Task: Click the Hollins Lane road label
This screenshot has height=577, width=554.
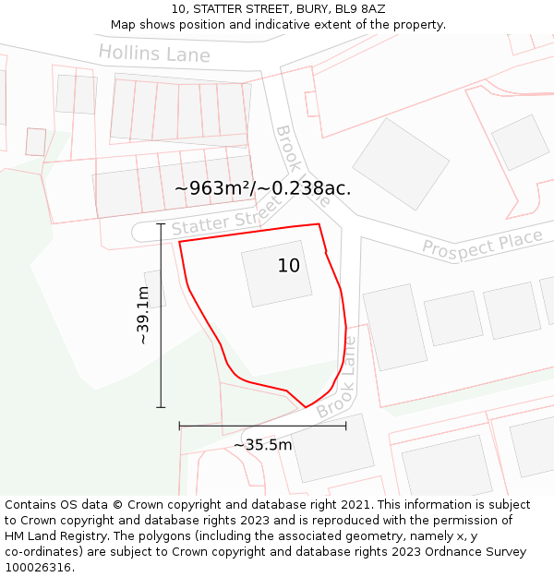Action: click(x=154, y=53)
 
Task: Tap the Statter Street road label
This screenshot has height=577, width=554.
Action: click(x=225, y=221)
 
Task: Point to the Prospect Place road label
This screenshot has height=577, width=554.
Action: click(x=482, y=243)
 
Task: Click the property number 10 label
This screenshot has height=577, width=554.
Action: click(x=289, y=266)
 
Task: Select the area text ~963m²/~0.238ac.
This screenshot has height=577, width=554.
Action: click(x=262, y=188)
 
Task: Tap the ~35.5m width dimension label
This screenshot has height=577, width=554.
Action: click(x=262, y=445)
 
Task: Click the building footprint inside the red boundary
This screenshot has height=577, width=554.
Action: click(x=277, y=274)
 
